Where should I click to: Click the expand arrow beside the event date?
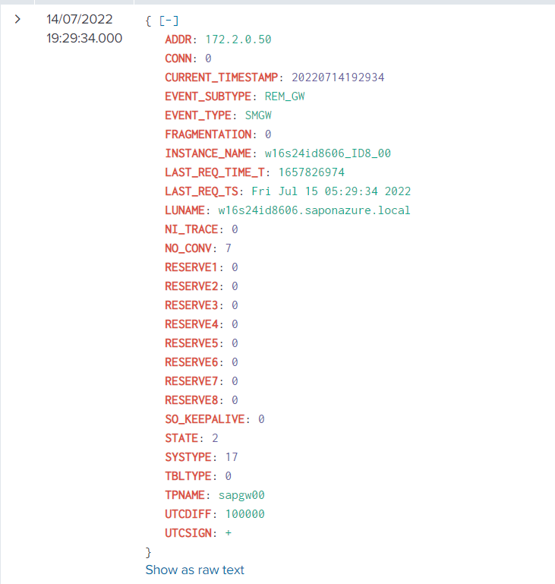point(17,19)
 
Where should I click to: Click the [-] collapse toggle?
point(169,21)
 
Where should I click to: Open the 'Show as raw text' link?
point(194,570)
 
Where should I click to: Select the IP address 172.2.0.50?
point(238,39)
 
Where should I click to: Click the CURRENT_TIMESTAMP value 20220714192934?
point(338,77)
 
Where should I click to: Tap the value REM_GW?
point(285,96)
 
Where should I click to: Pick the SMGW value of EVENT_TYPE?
point(258,115)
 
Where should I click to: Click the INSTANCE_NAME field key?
point(208,153)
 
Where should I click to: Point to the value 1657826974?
point(311,172)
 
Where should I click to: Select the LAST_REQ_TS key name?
point(202,191)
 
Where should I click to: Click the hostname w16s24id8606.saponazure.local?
point(314,210)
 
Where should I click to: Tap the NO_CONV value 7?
point(229,248)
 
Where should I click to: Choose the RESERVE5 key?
point(191,343)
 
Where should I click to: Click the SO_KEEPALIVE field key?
point(205,419)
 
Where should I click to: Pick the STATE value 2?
point(215,438)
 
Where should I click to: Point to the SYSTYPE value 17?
point(232,457)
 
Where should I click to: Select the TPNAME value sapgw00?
point(241,495)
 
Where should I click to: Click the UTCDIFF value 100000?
point(245,514)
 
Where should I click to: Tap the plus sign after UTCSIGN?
point(229,533)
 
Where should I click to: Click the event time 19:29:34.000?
point(84,38)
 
